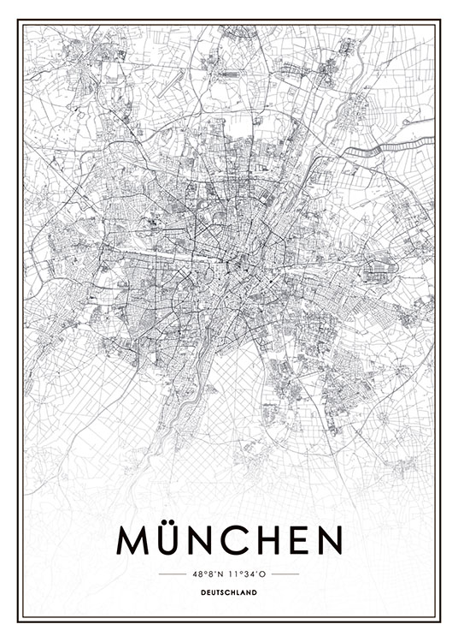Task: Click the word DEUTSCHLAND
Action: [x=229, y=591]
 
